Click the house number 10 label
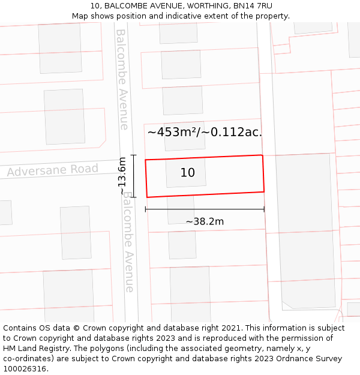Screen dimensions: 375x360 pos(188,173)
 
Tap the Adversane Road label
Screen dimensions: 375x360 pos(53,170)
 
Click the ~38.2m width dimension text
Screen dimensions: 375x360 pos(205,221)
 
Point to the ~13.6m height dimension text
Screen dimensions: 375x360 pos(122,176)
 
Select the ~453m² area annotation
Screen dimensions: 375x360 pos(205,132)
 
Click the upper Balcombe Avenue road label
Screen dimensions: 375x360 pos(122,79)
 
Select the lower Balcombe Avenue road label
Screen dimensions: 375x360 pos(128,242)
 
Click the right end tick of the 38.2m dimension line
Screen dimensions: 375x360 pos(264,209)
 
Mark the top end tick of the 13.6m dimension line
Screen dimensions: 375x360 pos(134,155)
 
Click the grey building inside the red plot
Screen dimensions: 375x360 pos(186,173)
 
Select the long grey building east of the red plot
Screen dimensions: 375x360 pos(306,228)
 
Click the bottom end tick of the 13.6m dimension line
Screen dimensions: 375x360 pos(134,197)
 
